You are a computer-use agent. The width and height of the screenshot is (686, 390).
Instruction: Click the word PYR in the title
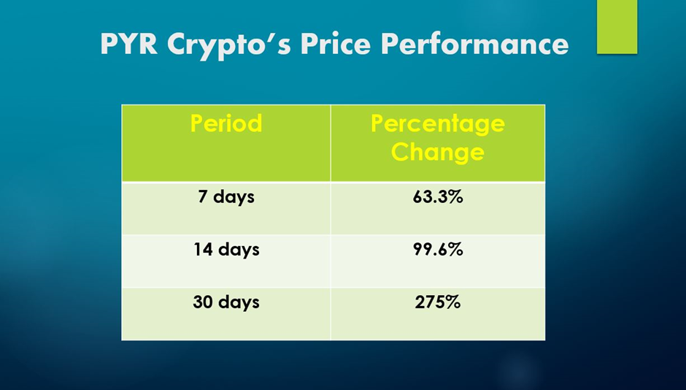pyautogui.click(x=129, y=44)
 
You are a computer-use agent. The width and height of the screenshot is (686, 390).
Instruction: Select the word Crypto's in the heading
pyautogui.click(x=229, y=45)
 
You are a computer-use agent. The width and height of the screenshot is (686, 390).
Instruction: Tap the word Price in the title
pyautogui.click(x=336, y=44)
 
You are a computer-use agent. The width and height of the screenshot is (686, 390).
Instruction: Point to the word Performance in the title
pyautogui.click(x=474, y=44)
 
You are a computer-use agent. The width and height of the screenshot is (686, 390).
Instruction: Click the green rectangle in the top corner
pyautogui.click(x=617, y=27)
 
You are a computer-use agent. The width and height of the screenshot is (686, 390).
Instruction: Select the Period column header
pyautogui.click(x=226, y=123)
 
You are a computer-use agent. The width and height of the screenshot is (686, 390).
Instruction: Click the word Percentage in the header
pyautogui.click(x=438, y=125)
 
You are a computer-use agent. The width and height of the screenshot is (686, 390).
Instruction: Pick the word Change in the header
pyautogui.click(x=437, y=153)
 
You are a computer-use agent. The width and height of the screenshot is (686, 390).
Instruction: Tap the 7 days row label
pyautogui.click(x=226, y=197)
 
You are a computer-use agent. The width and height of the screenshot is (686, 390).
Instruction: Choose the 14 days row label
pyautogui.click(x=226, y=250)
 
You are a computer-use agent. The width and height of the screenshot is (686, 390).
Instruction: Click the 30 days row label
pyautogui.click(x=226, y=302)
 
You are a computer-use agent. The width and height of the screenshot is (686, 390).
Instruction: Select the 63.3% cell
pyautogui.click(x=438, y=197)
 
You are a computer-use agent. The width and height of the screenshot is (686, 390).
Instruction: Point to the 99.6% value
pyautogui.click(x=438, y=250)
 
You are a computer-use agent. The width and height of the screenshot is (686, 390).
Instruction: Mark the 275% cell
pyautogui.click(x=438, y=302)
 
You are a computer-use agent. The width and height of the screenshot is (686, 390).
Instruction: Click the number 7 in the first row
pyautogui.click(x=203, y=196)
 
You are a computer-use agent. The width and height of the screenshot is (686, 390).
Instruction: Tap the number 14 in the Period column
pyautogui.click(x=204, y=249)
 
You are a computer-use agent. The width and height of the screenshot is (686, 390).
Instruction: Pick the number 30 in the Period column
pyautogui.click(x=203, y=302)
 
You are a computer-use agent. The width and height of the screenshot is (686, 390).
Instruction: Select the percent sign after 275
pyautogui.click(x=454, y=302)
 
